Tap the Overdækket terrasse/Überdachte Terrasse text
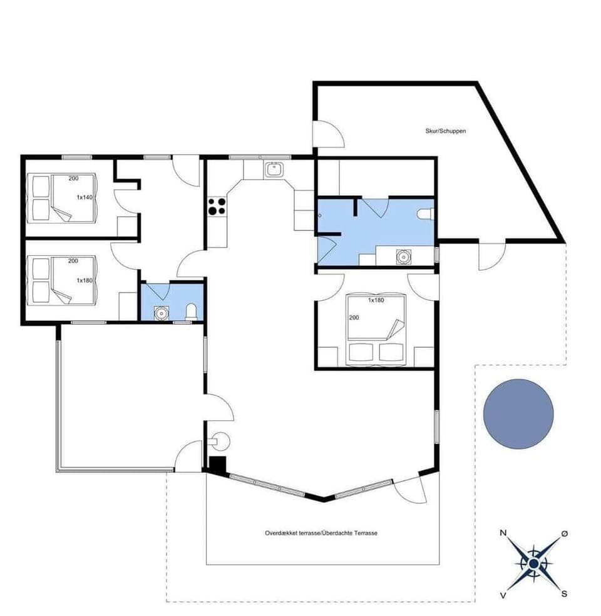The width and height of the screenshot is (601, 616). [321, 533]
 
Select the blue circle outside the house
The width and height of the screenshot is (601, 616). [518, 413]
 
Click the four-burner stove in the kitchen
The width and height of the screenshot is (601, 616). [217, 206]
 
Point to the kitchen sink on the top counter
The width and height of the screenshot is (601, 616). [274, 169]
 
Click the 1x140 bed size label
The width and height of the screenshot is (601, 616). [85, 197]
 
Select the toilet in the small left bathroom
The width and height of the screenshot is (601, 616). [192, 311]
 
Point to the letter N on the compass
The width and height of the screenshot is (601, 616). [503, 533]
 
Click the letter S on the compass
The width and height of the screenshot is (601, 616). [564, 594]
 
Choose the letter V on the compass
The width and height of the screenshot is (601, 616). [503, 595]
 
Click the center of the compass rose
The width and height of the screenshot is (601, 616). [533, 563]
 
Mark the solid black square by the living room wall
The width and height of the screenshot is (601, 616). [217, 465]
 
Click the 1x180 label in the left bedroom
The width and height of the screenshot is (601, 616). [85, 281]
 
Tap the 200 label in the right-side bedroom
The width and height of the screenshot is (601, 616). [353, 317]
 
